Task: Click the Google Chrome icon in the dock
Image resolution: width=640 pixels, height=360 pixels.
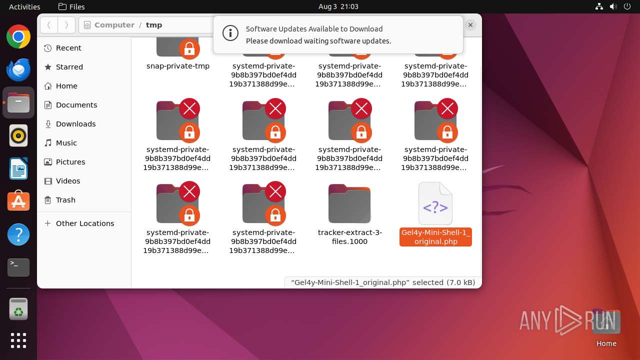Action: tap(18, 37)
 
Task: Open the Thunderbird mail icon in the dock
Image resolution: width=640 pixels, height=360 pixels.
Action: tap(18, 69)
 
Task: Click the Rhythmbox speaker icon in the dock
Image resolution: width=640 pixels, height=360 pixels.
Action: tap(18, 135)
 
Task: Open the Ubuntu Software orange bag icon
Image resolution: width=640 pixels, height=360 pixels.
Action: tap(18, 201)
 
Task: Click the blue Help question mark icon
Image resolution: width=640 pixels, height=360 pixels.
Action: tap(18, 234)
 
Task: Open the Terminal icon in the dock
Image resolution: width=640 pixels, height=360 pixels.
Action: tap(18, 267)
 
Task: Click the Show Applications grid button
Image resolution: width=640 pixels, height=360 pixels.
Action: tap(18, 340)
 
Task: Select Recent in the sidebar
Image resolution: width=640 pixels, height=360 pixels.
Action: tap(68, 48)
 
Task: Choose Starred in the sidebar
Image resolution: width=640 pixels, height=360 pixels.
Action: tap(69, 67)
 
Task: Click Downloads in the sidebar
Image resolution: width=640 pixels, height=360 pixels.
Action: tap(75, 124)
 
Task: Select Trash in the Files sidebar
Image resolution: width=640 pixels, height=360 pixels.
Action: tap(65, 200)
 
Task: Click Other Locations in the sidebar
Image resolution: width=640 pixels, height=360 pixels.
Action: tap(84, 223)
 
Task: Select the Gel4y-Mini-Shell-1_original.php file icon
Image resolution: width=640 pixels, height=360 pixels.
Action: tap(435, 204)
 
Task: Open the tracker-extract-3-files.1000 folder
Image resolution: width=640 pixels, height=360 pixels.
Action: tap(349, 204)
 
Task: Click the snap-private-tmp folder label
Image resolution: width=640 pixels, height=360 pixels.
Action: tap(178, 66)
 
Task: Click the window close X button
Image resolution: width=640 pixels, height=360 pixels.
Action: tap(470, 24)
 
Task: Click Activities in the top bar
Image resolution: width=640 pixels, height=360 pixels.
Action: tap(24, 6)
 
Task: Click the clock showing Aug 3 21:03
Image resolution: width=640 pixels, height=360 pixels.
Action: tap(338, 6)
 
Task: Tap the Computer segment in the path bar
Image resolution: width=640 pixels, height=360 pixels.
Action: tap(114, 25)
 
